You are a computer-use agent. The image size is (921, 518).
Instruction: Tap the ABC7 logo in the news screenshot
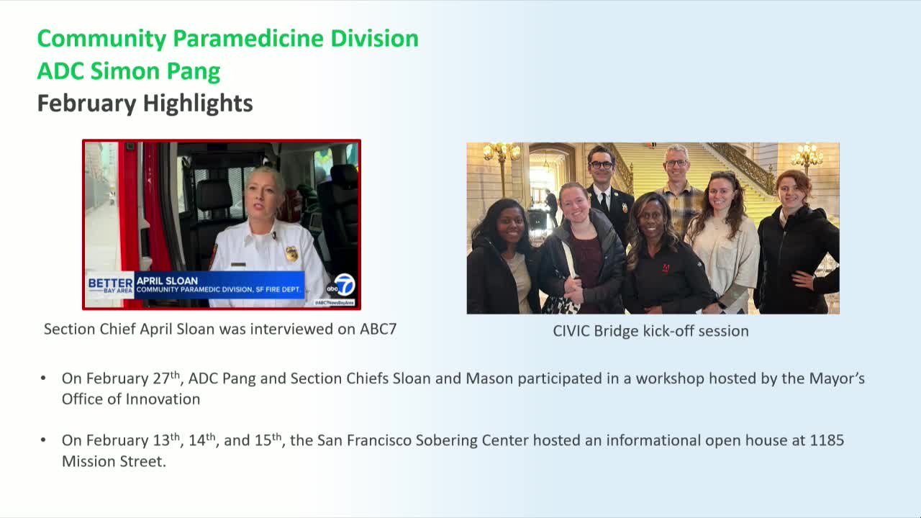[342, 286]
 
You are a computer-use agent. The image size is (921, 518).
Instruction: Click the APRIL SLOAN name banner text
[167, 281]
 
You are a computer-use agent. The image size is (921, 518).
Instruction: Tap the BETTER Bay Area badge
[110, 285]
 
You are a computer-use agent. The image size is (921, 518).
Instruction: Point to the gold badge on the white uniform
[291, 253]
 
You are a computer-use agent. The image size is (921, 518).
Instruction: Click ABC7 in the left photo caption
[378, 330]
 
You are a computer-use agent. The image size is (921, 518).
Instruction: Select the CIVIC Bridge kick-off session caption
[650, 331]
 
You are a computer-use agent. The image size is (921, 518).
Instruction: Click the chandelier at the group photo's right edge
[807, 155]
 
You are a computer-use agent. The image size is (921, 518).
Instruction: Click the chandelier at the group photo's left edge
[502, 153]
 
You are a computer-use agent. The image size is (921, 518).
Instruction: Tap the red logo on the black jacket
[666, 268]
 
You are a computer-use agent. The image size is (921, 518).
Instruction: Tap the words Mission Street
[114, 461]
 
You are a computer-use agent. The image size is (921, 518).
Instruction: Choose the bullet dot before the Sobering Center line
[44, 440]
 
